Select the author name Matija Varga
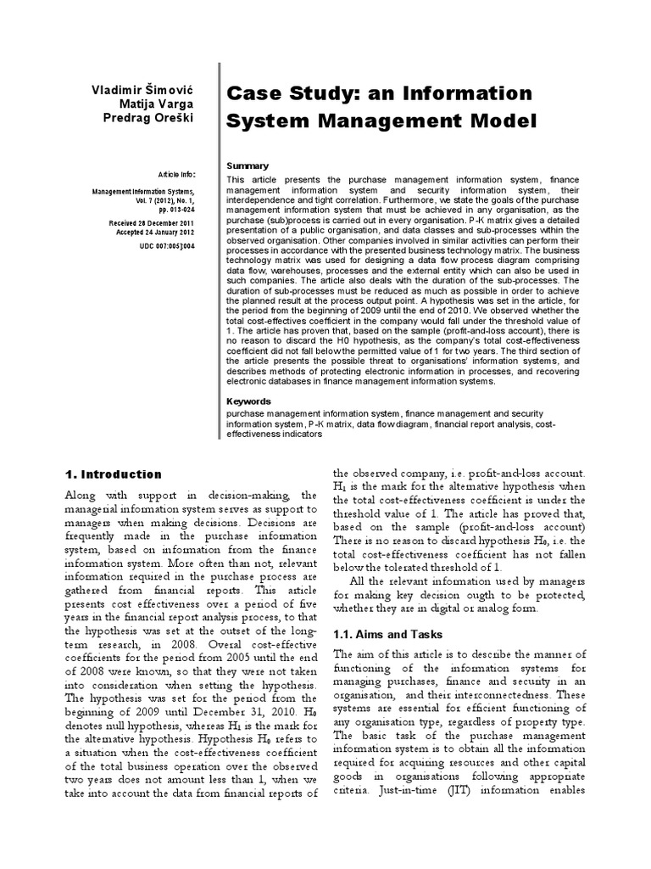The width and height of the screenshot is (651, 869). (x=157, y=104)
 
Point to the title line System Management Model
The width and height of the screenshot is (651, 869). (x=381, y=121)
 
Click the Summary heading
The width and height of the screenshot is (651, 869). (x=248, y=165)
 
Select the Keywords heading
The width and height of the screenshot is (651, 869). (x=249, y=401)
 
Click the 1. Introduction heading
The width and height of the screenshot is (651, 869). (x=113, y=474)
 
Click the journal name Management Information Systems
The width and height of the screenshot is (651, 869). (x=143, y=191)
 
